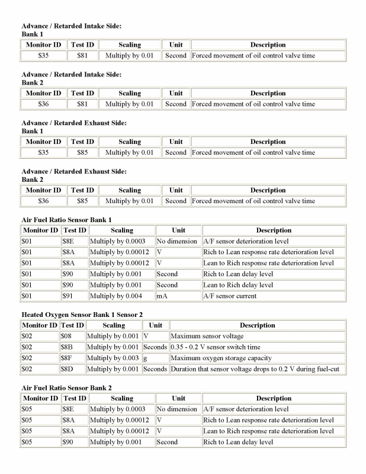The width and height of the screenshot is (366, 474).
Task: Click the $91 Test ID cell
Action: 74,296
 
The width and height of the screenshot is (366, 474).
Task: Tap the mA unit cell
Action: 178,296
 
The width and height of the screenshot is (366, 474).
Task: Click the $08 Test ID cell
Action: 72,337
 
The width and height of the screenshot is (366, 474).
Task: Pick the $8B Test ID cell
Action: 72,347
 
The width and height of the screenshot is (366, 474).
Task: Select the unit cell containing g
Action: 155,358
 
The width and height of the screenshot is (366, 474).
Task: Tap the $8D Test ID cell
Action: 72,369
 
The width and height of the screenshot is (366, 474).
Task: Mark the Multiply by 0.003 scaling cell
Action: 113,358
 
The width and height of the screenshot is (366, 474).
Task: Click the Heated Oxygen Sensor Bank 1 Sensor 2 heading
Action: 82,314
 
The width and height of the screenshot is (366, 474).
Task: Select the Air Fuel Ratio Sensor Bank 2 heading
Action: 66,387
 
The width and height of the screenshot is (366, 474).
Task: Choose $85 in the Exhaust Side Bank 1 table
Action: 82,153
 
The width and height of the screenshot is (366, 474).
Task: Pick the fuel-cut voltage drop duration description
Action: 258,369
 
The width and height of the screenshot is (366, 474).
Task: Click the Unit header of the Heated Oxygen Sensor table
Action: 155,325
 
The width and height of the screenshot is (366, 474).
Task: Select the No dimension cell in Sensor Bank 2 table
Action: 176,409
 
